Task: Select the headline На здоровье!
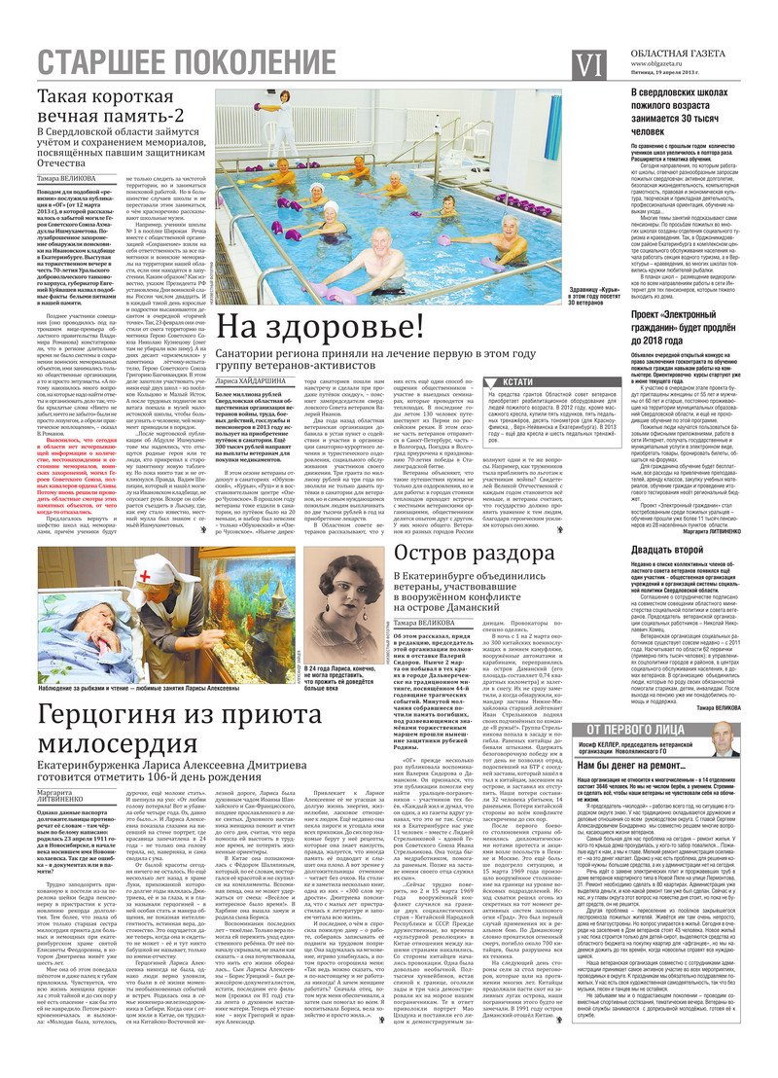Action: (x=321, y=326)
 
